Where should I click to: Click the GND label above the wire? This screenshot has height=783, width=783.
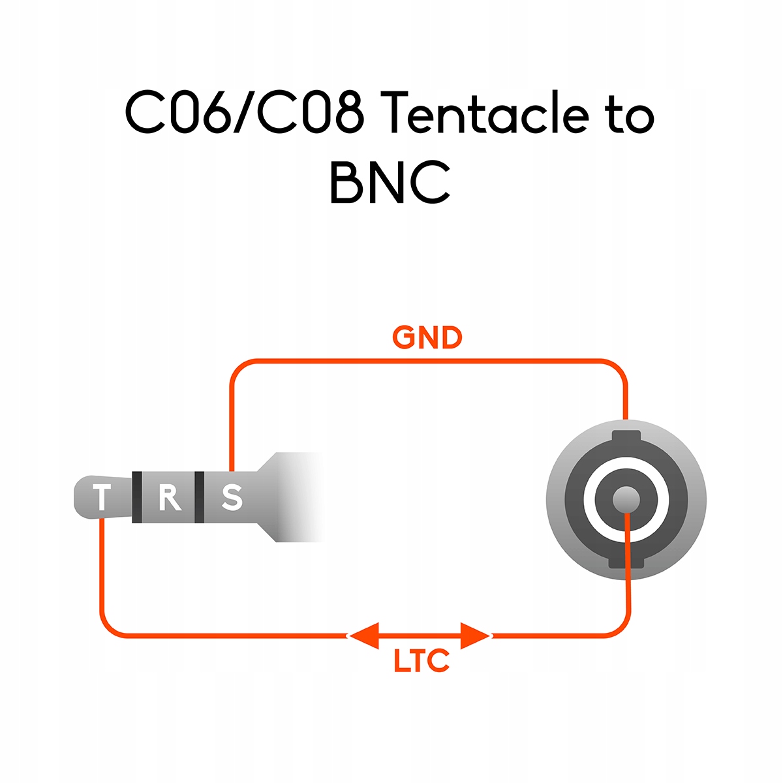click(x=427, y=338)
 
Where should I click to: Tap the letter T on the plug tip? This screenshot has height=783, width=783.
click(x=102, y=498)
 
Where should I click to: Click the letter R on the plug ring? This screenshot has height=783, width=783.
click(x=169, y=497)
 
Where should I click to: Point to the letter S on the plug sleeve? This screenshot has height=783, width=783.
click(x=232, y=497)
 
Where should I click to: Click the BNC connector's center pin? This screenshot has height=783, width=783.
click(x=626, y=500)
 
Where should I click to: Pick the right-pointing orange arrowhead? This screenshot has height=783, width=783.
click(x=475, y=635)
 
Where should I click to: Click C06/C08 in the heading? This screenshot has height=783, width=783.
click(x=244, y=115)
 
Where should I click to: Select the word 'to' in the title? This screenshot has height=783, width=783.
click(x=629, y=116)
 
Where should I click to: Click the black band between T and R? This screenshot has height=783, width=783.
click(x=137, y=497)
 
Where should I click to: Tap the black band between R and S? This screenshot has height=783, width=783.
click(x=199, y=497)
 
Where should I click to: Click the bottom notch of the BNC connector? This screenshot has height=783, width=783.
click(x=626, y=562)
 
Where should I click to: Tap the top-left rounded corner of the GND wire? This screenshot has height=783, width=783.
click(x=238, y=368)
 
